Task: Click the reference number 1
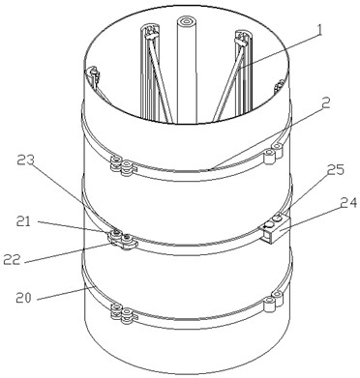(318, 32)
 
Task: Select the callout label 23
(25, 160)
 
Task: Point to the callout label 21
(22, 221)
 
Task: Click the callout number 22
(12, 260)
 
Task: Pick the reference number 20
(23, 298)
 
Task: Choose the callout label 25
(336, 170)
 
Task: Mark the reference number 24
(348, 204)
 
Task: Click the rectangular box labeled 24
(274, 229)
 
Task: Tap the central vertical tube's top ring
(187, 22)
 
